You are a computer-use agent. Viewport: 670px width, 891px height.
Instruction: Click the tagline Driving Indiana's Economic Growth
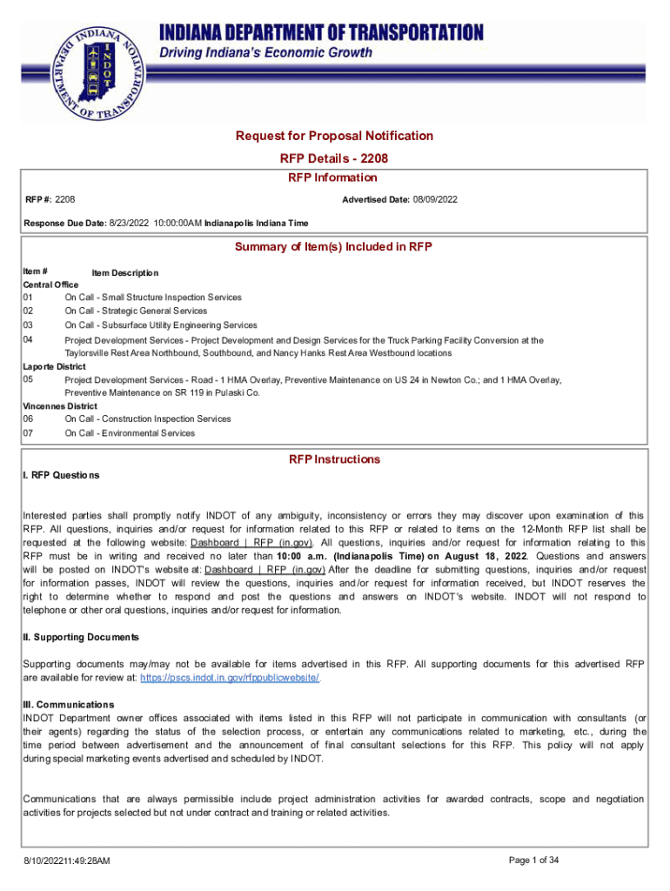tap(265, 53)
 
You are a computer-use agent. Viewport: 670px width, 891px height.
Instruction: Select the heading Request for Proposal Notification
tap(334, 136)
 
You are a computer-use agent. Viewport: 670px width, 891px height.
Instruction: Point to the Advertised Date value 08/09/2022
tap(436, 200)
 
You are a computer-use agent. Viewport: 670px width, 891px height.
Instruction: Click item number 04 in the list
tap(28, 341)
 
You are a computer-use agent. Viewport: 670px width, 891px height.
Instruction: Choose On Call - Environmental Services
tap(130, 433)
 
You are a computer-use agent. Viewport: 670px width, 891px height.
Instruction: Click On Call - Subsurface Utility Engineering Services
tap(160, 325)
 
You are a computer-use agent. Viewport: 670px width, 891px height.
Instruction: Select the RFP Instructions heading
tap(334, 459)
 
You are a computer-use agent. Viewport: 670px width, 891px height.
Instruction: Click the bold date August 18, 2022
tap(475, 556)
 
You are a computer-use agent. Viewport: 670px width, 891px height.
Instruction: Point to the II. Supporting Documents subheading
tap(80, 638)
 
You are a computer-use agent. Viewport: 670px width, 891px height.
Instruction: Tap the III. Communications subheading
tap(68, 704)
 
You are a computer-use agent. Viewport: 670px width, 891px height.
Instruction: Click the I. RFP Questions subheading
tap(61, 476)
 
